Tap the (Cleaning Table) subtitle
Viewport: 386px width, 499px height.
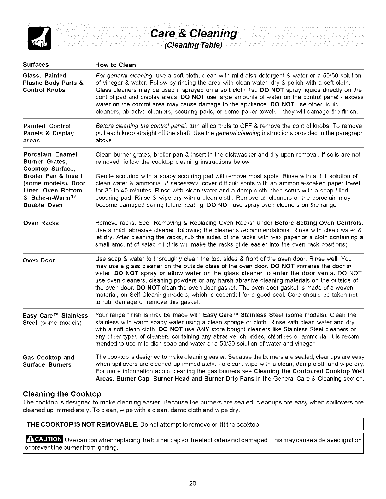pyautogui.click(x=193, y=45)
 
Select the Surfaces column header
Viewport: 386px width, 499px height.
pyautogui.click(x=36, y=65)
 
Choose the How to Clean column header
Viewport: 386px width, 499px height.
pyautogui.click(x=115, y=65)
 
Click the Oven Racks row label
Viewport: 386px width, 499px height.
pyautogui.click(x=41, y=223)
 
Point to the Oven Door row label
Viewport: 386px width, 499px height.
pyautogui.click(x=39, y=261)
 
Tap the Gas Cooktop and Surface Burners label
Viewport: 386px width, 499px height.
pyautogui.click(x=49, y=361)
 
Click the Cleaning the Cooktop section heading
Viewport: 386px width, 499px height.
pyautogui.click(x=62, y=394)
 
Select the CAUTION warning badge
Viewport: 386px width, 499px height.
pyautogui.click(x=44, y=439)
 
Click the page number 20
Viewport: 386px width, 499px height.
pyautogui.click(x=193, y=484)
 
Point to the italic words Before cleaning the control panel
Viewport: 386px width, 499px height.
pyautogui.click(x=142, y=126)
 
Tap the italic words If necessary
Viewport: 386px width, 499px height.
pyautogui.click(x=181, y=183)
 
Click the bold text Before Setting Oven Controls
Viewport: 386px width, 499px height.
pyautogui.click(x=319, y=223)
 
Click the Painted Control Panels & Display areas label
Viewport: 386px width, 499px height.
pyautogui.click(x=49, y=133)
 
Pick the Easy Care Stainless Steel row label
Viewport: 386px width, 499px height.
pyautogui.click(x=55, y=319)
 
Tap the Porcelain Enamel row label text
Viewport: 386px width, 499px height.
pyautogui.click(x=50, y=155)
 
